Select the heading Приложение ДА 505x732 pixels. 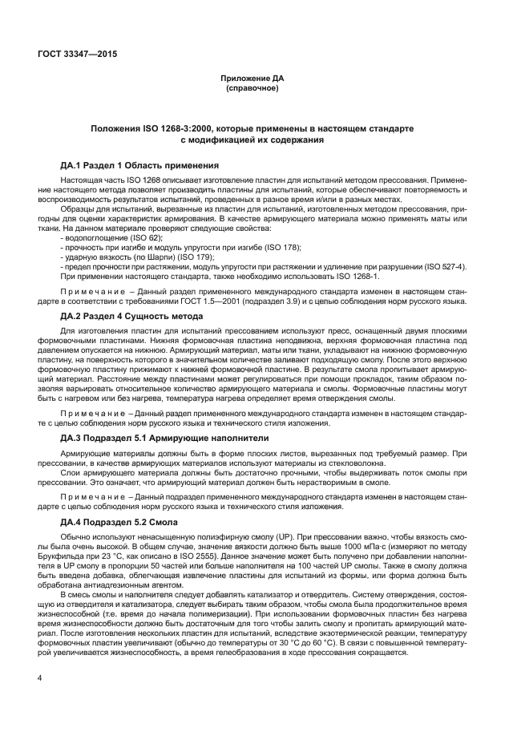click(x=252, y=78)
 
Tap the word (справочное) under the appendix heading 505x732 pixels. click(x=252, y=87)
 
